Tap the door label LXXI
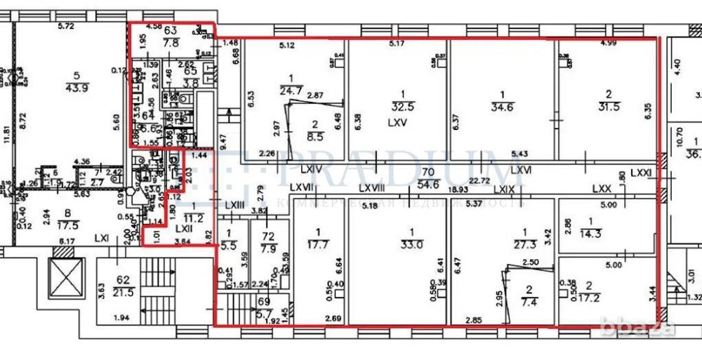tap(640, 172)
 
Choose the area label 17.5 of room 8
tap(68, 227)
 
